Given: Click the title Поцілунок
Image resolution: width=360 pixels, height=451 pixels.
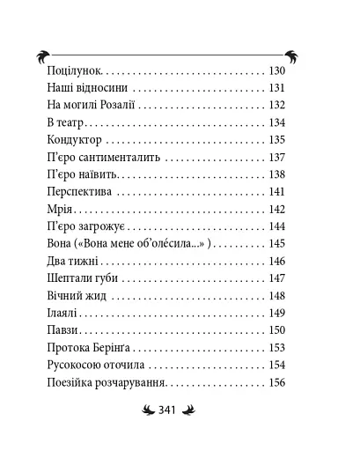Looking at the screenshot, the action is (x=73, y=70).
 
